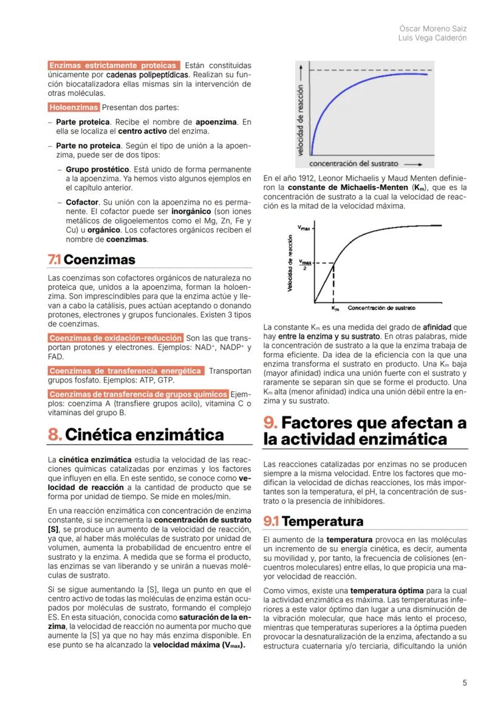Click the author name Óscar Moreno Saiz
pos(433,29)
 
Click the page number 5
pos(465,682)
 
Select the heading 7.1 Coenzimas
pos(91,260)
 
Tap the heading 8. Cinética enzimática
pos(135,435)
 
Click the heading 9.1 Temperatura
pos(313,521)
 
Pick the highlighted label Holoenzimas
pos(74,107)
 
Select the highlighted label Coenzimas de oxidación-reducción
pos(115,338)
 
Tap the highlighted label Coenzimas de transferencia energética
pos(125,370)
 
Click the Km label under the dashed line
pos(335,308)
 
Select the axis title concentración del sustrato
pos(354,163)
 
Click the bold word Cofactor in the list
pos(82,202)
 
